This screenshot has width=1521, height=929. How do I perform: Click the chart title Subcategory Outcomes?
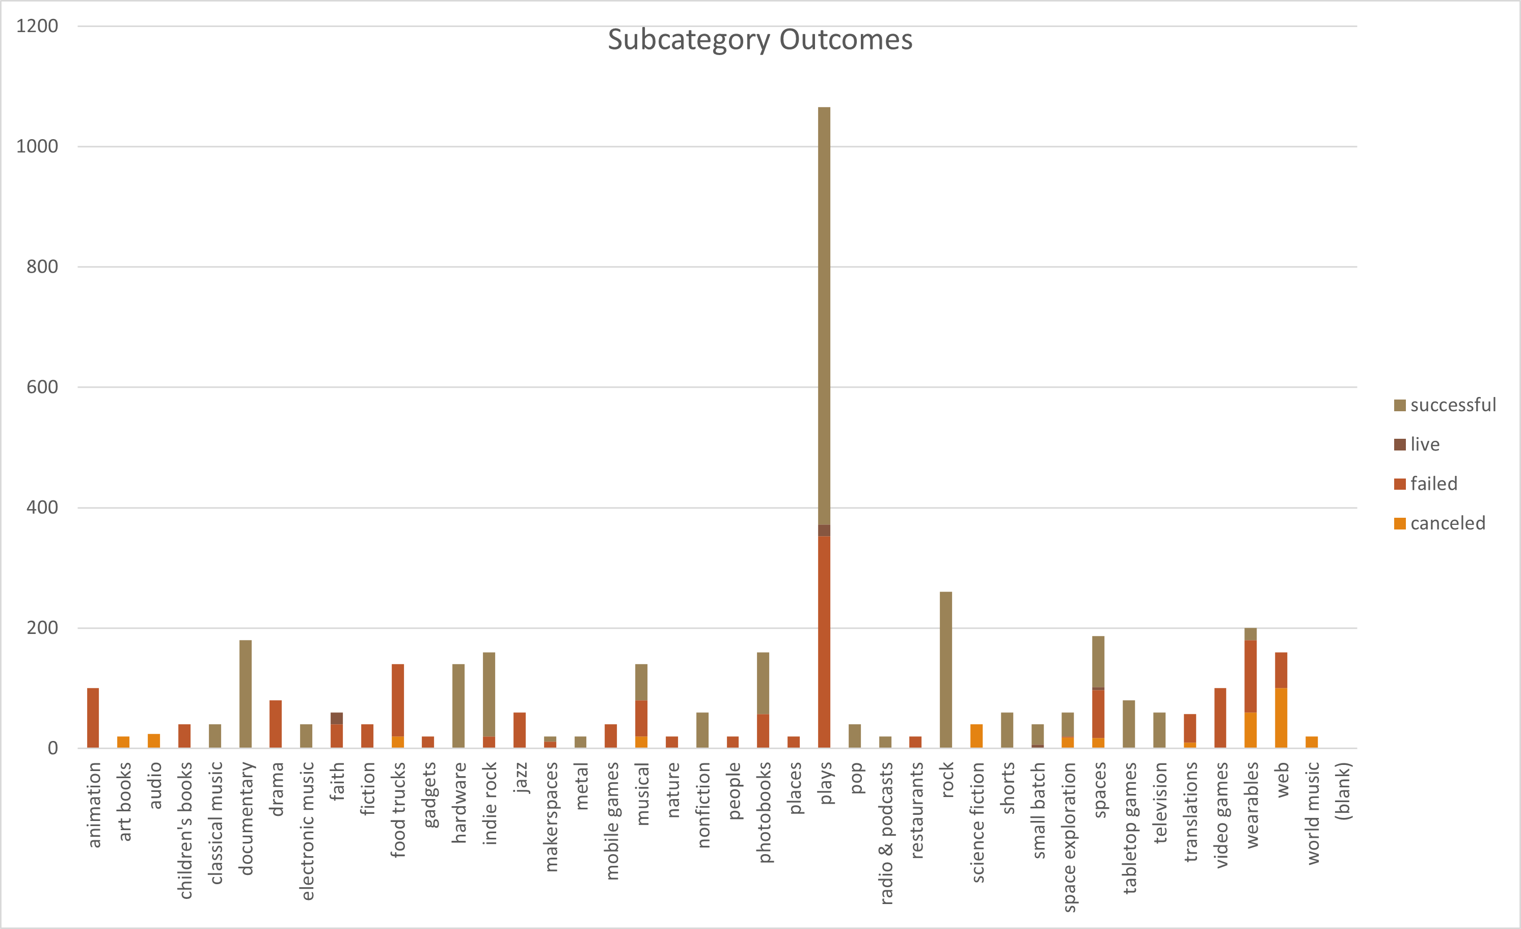click(x=760, y=40)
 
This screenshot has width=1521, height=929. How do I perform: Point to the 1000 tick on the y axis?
click(x=37, y=147)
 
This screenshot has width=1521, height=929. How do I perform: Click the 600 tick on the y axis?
click(x=42, y=387)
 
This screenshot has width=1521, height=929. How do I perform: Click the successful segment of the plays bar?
click(x=824, y=315)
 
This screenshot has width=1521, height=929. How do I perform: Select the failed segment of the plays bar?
click(x=824, y=643)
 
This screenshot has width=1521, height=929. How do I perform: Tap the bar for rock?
click(x=946, y=670)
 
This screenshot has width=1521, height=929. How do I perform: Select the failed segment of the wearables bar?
click(x=1251, y=676)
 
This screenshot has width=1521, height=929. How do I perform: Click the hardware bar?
click(x=458, y=706)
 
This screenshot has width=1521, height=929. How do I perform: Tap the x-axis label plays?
click(x=825, y=783)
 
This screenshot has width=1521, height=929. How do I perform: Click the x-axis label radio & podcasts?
click(x=886, y=833)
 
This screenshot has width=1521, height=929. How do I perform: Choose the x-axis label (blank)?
click(x=1343, y=791)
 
